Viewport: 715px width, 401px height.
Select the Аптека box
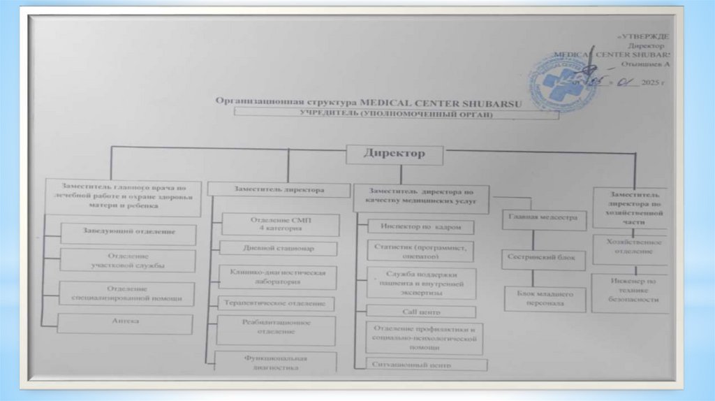tap(125, 323)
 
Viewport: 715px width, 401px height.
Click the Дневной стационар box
tap(279, 248)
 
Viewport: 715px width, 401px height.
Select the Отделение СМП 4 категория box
tap(280, 224)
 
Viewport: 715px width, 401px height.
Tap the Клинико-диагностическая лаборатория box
tap(279, 276)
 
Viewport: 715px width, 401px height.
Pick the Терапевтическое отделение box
tap(275, 304)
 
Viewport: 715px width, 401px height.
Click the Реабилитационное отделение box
tap(275, 329)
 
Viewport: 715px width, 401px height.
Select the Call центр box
tap(421, 312)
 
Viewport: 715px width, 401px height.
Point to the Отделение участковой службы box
tap(127, 260)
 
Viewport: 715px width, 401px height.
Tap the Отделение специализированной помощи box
tap(126, 293)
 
